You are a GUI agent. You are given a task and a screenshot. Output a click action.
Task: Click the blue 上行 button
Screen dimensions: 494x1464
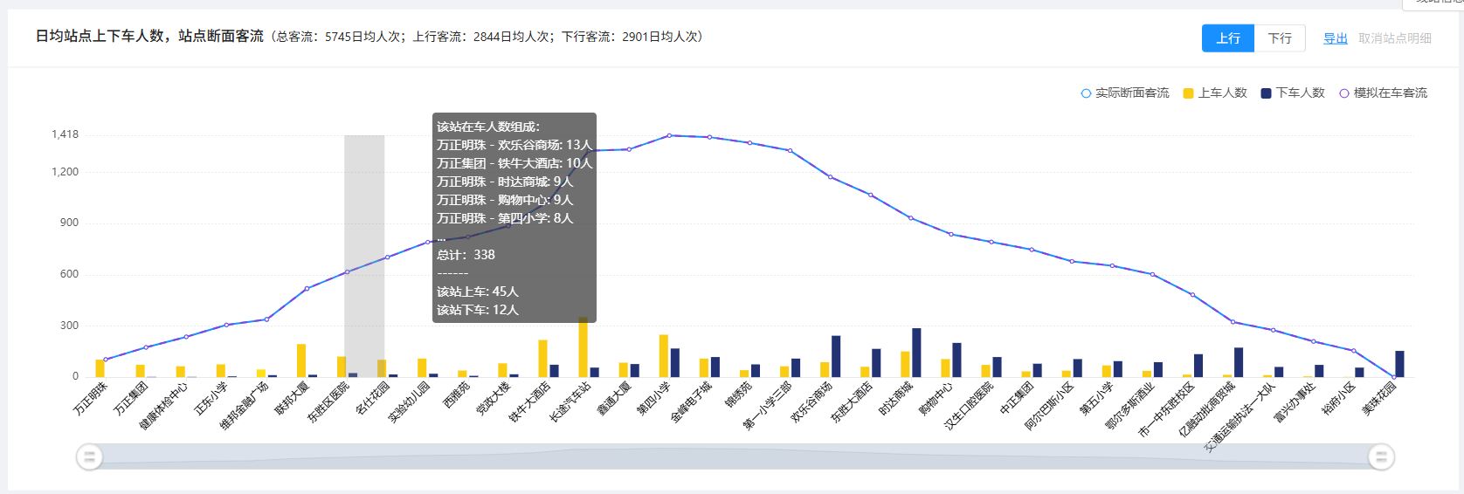pyautogui.click(x=1227, y=38)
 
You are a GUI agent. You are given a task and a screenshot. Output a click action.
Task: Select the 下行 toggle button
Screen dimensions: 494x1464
pyautogui.click(x=1280, y=38)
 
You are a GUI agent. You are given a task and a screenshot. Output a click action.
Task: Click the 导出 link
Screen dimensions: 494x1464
pyautogui.click(x=1335, y=38)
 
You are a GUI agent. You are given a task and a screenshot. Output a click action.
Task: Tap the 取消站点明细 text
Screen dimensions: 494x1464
pyautogui.click(x=1395, y=38)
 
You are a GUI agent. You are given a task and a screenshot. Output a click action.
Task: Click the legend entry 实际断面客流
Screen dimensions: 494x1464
pyautogui.click(x=1125, y=93)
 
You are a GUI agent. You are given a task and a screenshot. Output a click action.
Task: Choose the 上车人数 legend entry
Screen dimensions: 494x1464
pyautogui.click(x=1215, y=93)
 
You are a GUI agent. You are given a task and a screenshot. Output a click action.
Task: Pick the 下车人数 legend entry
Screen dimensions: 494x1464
pyautogui.click(x=1293, y=93)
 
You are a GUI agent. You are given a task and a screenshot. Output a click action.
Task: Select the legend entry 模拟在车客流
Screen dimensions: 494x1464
pyautogui.click(x=1384, y=93)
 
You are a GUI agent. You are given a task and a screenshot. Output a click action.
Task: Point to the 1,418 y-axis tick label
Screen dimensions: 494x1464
pyautogui.click(x=65, y=134)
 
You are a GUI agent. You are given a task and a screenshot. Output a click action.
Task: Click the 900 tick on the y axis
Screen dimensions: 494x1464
pyautogui.click(x=69, y=223)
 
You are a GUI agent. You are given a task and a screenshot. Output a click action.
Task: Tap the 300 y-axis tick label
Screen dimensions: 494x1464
pyautogui.click(x=69, y=326)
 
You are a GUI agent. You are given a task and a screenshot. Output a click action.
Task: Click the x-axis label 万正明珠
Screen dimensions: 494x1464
pyautogui.click(x=91, y=398)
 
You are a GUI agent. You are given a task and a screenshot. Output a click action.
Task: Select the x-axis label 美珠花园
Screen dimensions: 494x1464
pyautogui.click(x=1380, y=398)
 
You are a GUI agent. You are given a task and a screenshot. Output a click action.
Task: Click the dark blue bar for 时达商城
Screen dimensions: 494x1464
pyautogui.click(x=916, y=353)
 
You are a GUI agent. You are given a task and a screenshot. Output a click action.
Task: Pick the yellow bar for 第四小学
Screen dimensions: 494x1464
pyautogui.click(x=664, y=356)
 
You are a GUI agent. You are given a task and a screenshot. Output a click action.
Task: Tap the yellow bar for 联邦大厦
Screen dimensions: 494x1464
pyautogui.click(x=301, y=360)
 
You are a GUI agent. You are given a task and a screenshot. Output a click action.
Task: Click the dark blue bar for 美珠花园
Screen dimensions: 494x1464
pyautogui.click(x=1399, y=364)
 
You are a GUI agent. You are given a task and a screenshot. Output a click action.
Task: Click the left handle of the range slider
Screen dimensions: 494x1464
pyautogui.click(x=89, y=456)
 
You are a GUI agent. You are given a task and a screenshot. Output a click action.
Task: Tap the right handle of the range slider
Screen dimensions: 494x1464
pyautogui.click(x=1381, y=456)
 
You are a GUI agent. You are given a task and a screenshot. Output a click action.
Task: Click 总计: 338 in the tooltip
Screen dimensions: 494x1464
pyautogui.click(x=466, y=255)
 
